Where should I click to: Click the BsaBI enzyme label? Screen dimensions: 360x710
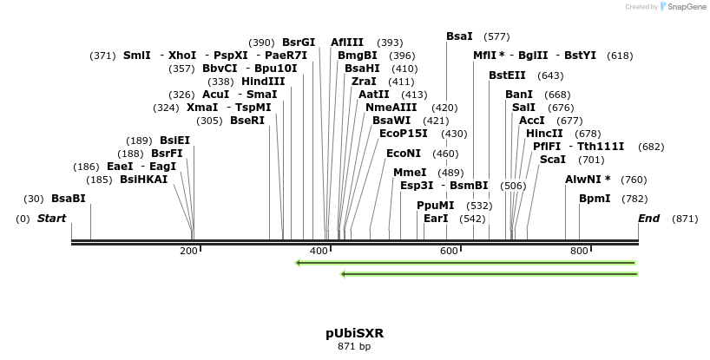point(69,199)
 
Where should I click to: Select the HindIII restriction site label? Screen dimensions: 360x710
point(263,82)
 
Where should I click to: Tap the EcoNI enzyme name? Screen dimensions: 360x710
point(404,154)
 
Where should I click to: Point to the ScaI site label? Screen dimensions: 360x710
point(553,160)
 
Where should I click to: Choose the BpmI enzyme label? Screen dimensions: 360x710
point(595,199)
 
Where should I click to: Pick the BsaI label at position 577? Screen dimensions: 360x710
point(459,36)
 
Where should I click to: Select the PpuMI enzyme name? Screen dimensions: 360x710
point(435,206)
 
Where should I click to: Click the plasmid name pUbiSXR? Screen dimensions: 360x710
point(354,333)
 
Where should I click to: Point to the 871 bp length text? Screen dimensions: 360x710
point(354,347)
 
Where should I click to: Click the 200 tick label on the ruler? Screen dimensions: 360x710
point(188,251)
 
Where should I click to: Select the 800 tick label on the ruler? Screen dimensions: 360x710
point(579,251)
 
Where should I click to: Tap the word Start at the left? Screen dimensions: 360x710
point(51,219)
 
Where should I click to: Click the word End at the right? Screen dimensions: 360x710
point(649,219)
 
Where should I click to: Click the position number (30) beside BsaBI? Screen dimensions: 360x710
point(34,199)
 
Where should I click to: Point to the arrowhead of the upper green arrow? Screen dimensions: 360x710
point(299,262)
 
